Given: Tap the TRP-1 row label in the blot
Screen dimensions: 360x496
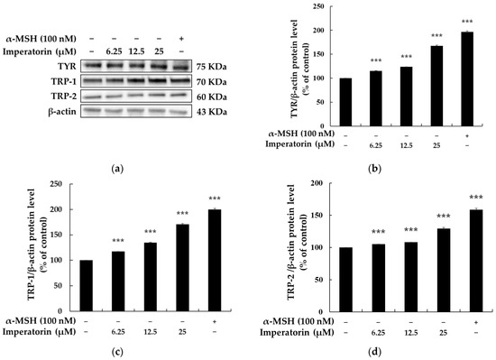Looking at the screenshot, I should click(64, 79).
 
